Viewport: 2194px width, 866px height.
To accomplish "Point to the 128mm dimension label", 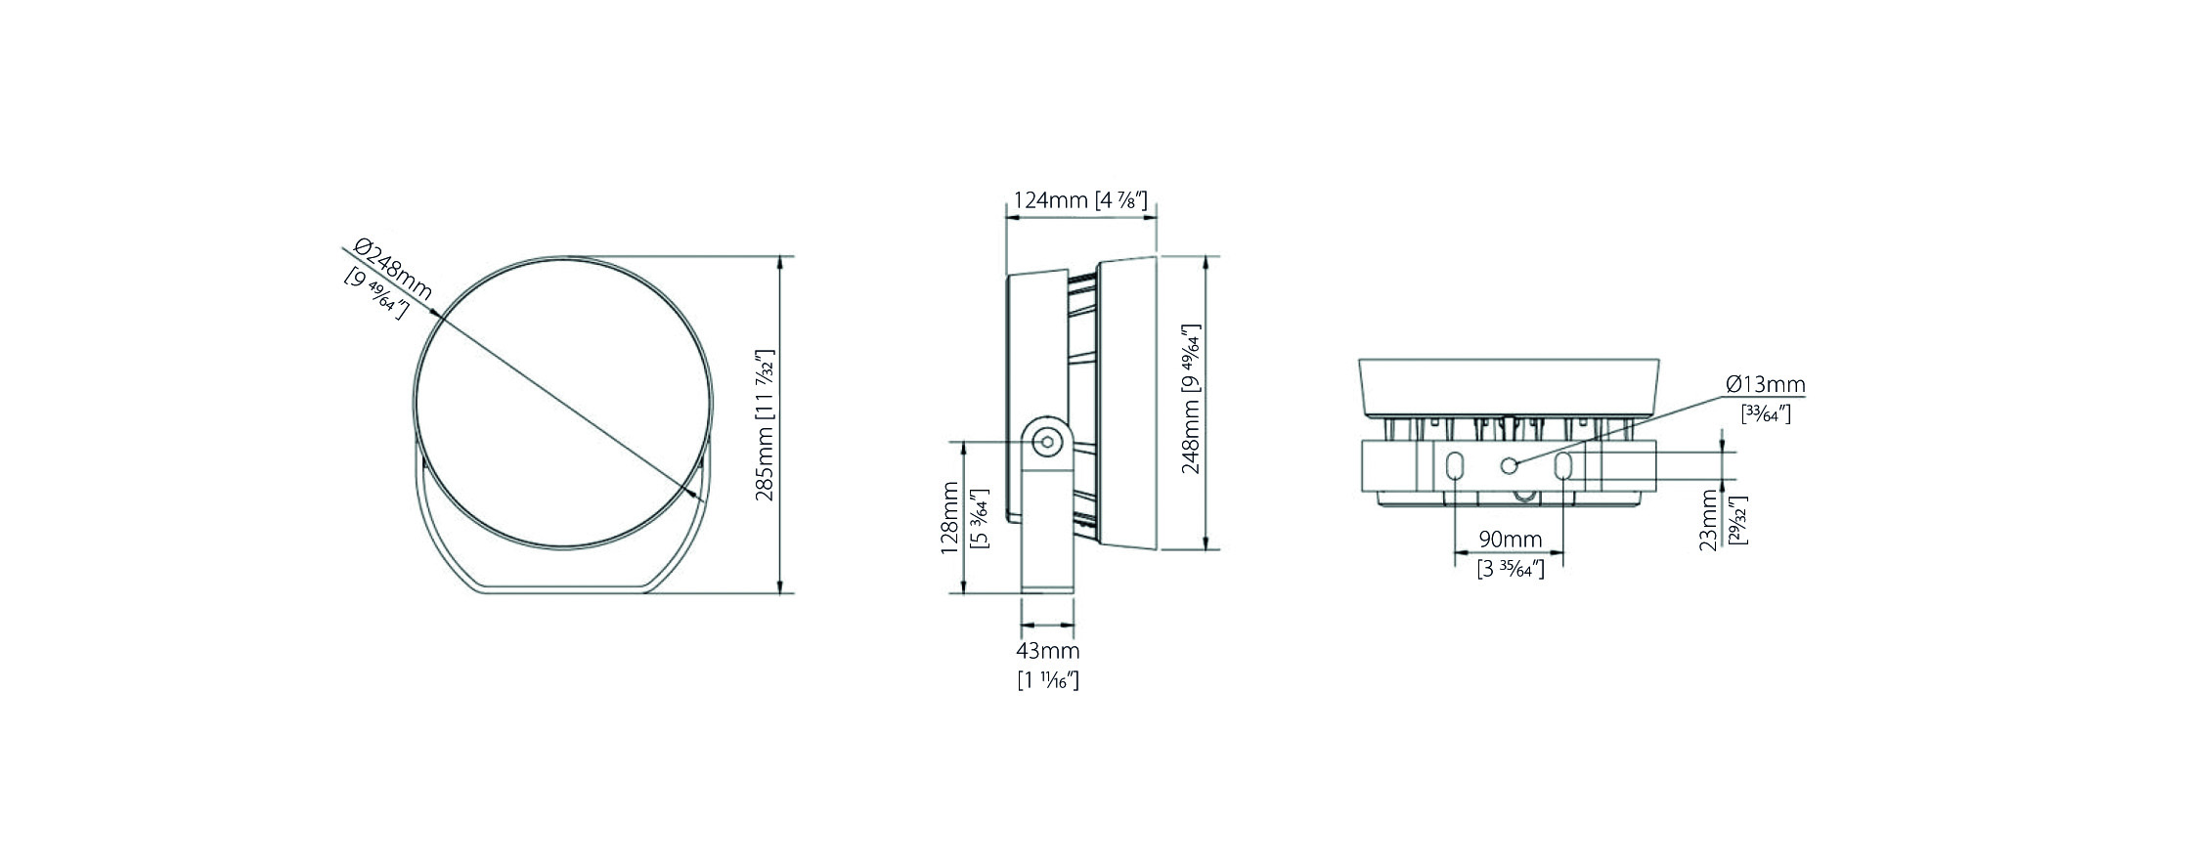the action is pos(949,517).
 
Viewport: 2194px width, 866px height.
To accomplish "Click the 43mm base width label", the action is pos(1048,651).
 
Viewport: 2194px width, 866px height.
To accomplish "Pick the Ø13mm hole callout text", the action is pos(1766,384).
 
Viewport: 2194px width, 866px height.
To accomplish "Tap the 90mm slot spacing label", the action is pos(1510,539).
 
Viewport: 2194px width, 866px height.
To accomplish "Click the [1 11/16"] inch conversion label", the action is pos(1048,680).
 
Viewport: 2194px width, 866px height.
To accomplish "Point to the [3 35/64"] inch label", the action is pos(1511,569).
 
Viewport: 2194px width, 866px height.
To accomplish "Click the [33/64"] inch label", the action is pos(1766,413).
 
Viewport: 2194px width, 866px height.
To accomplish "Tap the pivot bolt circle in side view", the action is pos(1047,442).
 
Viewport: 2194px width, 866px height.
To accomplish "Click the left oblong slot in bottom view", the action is pos(1454,467).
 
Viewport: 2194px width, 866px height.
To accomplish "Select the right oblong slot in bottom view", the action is pos(1563,467).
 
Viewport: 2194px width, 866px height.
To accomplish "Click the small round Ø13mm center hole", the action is pos(1510,465).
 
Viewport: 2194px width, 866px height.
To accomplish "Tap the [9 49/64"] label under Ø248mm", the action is pos(376,296).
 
